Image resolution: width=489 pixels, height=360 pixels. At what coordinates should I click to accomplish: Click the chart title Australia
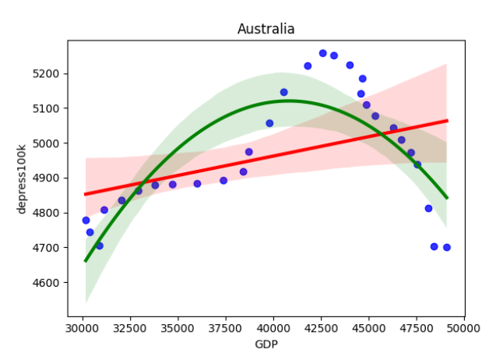pos(266,30)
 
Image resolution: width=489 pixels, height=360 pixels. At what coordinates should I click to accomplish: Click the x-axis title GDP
pos(266,344)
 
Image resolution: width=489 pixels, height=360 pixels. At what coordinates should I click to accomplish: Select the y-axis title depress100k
pos(22,178)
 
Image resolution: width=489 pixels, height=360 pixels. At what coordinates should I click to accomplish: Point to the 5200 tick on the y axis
pos(55,73)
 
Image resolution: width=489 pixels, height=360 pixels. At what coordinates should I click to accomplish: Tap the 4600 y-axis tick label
pos(55,282)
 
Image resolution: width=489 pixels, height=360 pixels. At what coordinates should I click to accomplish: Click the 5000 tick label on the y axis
pos(55,143)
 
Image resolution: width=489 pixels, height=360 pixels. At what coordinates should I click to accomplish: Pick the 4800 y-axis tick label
pos(55,213)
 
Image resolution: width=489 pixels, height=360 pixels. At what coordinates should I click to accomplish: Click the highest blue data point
pos(322,53)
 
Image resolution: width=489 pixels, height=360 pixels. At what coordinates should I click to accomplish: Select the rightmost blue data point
pos(447,247)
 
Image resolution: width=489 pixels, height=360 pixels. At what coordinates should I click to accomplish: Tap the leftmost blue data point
pos(86,220)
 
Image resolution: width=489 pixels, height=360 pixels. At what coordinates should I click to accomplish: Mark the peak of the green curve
pos(289,101)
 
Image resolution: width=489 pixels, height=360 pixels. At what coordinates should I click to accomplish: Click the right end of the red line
pos(447,121)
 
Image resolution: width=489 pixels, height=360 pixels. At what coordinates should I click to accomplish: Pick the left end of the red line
pos(86,194)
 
